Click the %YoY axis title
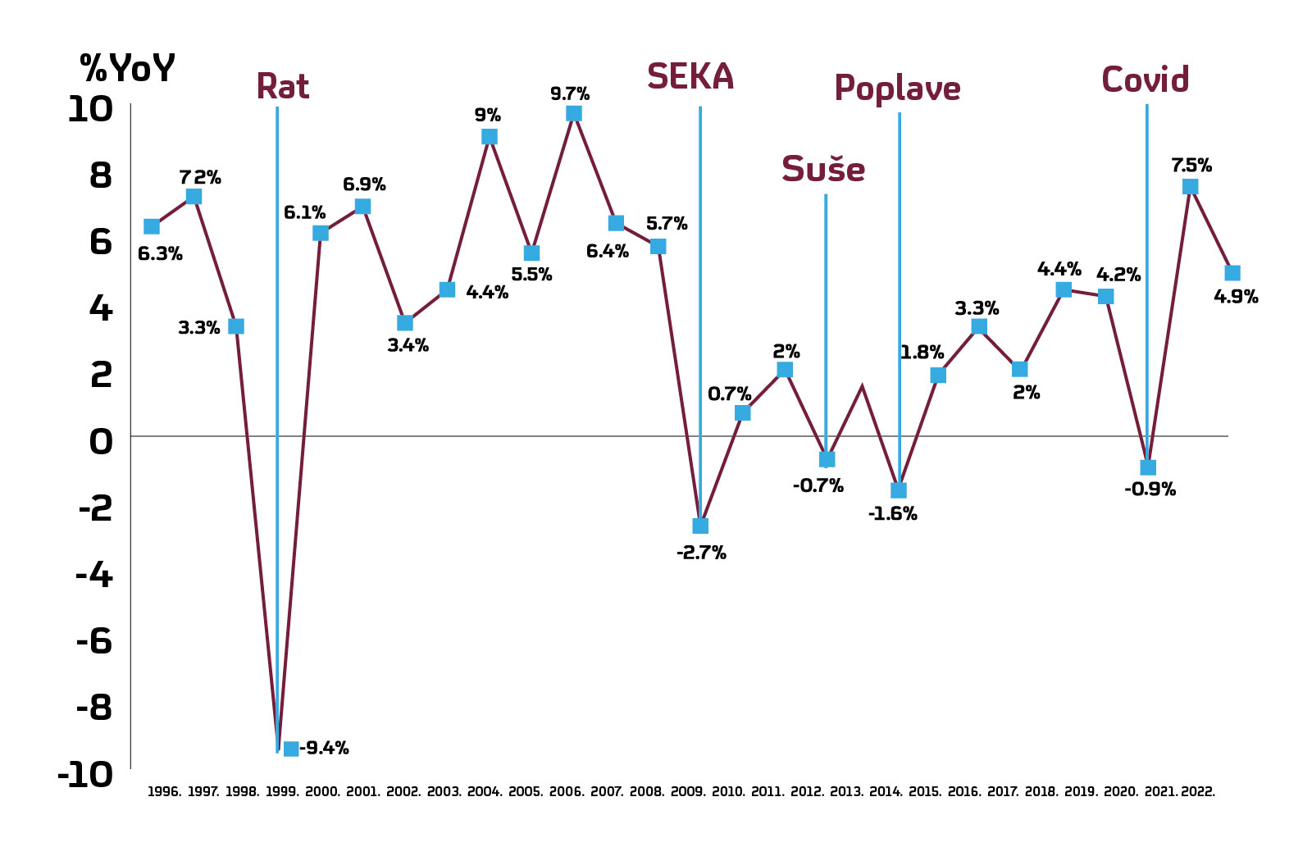[127, 68]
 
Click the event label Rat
[282, 86]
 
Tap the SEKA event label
[690, 77]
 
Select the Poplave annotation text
[897, 89]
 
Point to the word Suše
[822, 170]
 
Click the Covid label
[1145, 80]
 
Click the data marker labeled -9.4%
[291, 749]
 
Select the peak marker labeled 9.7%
[574, 113]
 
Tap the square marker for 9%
[490, 136]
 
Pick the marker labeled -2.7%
[700, 526]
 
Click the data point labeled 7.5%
[1190, 187]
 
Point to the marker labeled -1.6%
[899, 490]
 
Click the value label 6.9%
[364, 184]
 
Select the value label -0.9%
[1150, 490]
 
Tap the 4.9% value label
[1235, 297]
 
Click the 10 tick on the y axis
[89, 109]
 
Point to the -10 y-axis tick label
[84, 775]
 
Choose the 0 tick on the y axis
[100, 443]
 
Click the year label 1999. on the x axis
[282, 792]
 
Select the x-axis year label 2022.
[1198, 792]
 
